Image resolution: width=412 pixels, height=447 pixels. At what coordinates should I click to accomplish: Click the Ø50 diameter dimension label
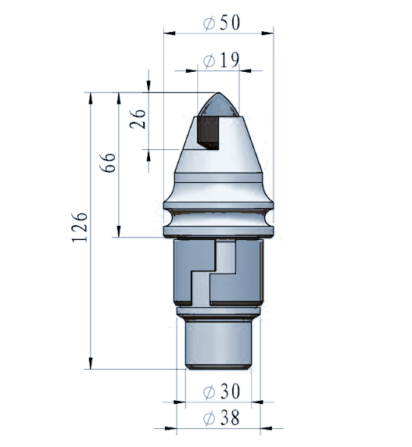click(221, 22)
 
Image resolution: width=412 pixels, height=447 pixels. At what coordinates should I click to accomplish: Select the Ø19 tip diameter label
click(221, 60)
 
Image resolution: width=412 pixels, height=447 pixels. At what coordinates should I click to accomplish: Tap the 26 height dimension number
click(138, 119)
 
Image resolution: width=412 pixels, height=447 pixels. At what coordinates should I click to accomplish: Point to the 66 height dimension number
click(107, 163)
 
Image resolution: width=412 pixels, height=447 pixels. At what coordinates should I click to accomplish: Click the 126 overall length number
click(79, 227)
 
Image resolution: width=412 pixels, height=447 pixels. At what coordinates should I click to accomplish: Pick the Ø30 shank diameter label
click(221, 391)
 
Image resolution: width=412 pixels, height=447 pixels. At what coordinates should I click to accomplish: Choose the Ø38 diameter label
click(221, 418)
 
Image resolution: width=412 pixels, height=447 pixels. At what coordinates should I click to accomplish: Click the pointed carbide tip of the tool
click(219, 105)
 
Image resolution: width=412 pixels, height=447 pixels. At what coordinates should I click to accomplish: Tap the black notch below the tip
click(208, 133)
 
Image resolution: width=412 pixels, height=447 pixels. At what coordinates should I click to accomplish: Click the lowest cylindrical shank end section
click(219, 344)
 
